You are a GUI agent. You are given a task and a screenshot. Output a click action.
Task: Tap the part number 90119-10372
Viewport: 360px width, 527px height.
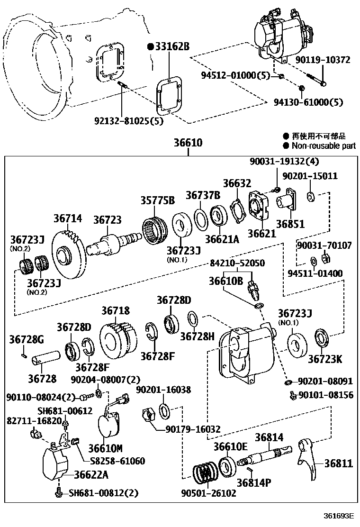(323, 60)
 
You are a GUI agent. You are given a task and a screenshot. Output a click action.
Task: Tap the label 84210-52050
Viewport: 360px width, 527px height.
(237, 263)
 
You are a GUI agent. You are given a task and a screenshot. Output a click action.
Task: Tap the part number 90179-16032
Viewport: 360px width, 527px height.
(193, 429)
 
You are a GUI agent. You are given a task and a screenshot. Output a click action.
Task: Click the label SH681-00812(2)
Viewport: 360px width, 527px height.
(104, 493)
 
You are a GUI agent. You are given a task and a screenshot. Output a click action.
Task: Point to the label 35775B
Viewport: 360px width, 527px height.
(157, 200)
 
